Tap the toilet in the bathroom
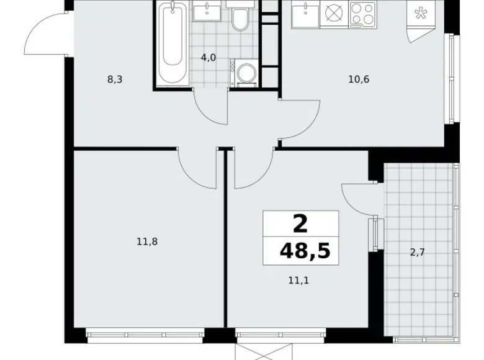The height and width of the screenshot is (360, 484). pyautogui.click(x=240, y=20)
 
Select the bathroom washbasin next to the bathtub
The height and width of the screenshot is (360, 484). pyautogui.click(x=205, y=11)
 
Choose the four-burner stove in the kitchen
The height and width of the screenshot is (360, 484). pyautogui.click(x=362, y=13)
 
